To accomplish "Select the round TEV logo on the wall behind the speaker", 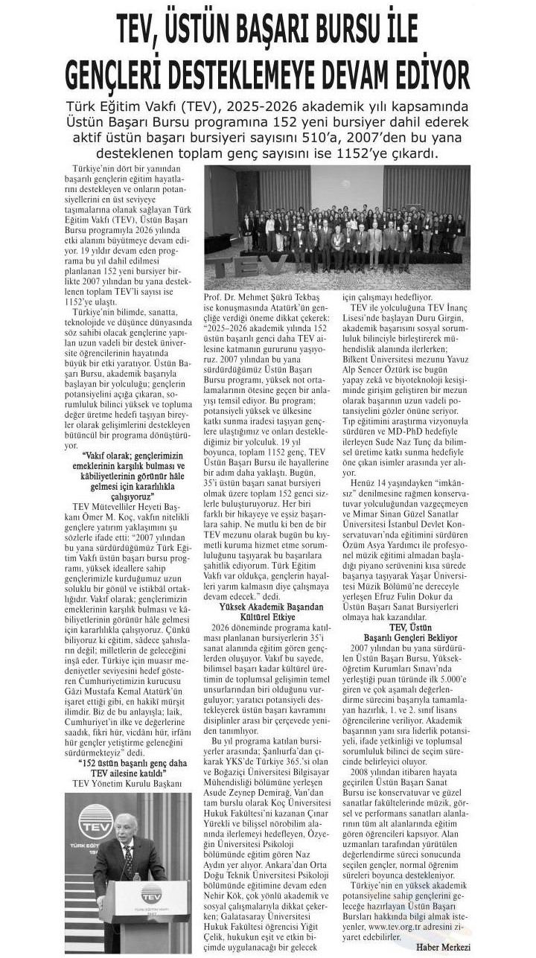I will pos(95,822).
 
